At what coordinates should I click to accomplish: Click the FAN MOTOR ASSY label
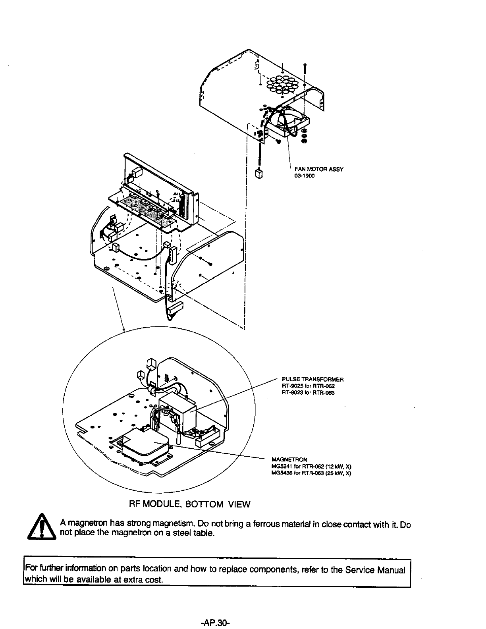(x=318, y=169)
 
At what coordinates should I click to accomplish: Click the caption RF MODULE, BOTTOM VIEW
(x=190, y=504)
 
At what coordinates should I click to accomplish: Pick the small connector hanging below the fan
(x=258, y=174)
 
